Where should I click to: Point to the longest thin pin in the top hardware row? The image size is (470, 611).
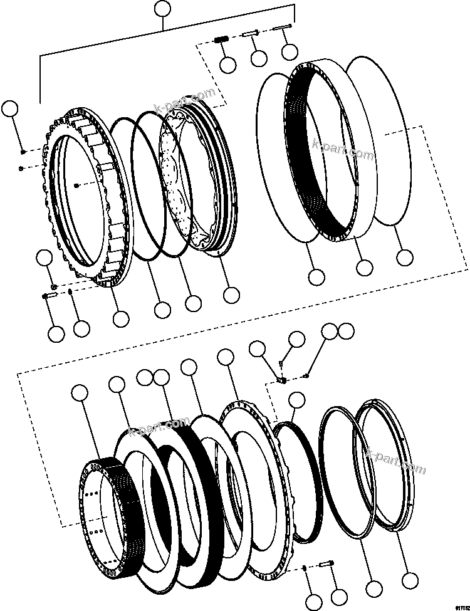tap(283, 28)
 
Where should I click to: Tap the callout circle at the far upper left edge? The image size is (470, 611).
tap(9, 108)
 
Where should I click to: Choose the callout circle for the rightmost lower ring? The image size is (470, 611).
tap(409, 581)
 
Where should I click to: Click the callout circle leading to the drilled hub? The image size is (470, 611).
tap(80, 393)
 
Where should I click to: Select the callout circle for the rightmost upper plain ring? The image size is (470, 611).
tap(405, 256)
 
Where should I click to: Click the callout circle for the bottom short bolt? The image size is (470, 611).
tap(339, 598)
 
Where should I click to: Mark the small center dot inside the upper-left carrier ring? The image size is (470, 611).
tap(76, 185)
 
